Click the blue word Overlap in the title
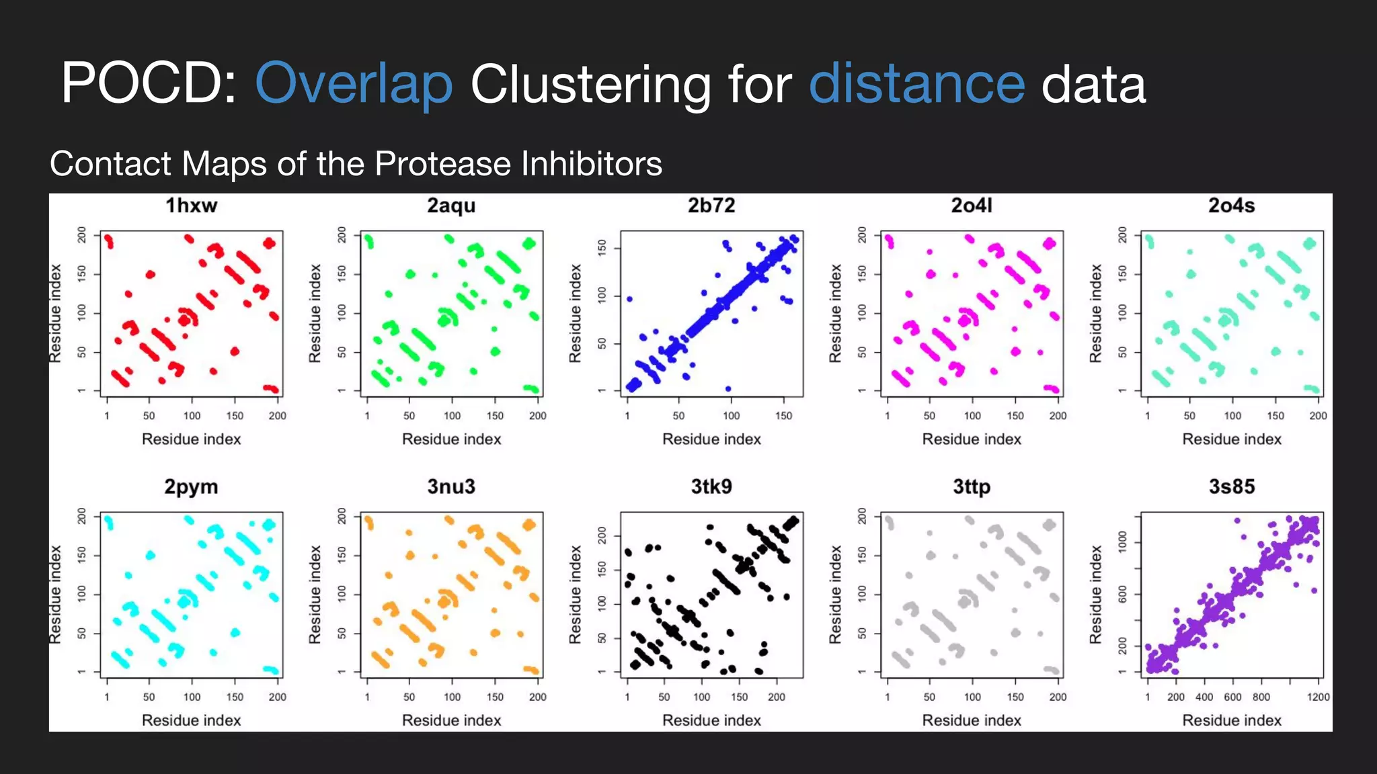tap(354, 85)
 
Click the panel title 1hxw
tap(192, 206)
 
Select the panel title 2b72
tap(711, 206)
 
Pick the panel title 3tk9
tap(711, 486)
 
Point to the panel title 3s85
tap(1232, 486)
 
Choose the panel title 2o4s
tap(1232, 206)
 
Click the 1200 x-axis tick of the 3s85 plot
tap(1318, 697)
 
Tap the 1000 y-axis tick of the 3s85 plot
tap(1122, 540)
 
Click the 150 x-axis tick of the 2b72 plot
tap(783, 416)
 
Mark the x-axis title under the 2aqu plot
tap(451, 439)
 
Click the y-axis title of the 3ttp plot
tap(835, 594)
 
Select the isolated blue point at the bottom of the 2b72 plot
tap(728, 388)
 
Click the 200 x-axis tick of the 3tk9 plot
tap(777, 697)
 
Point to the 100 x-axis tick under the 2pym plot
tap(192, 697)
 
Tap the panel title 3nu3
tap(451, 486)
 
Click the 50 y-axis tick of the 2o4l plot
tap(862, 352)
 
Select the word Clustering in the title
tap(590, 85)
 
